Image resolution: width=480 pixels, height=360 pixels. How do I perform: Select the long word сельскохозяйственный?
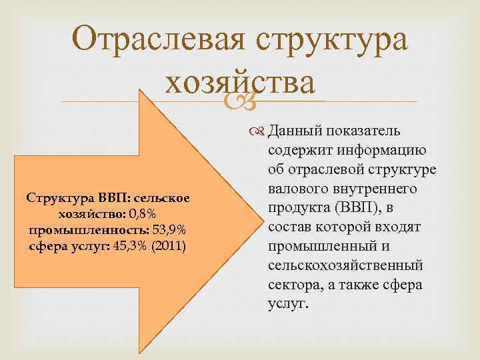(345, 265)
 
